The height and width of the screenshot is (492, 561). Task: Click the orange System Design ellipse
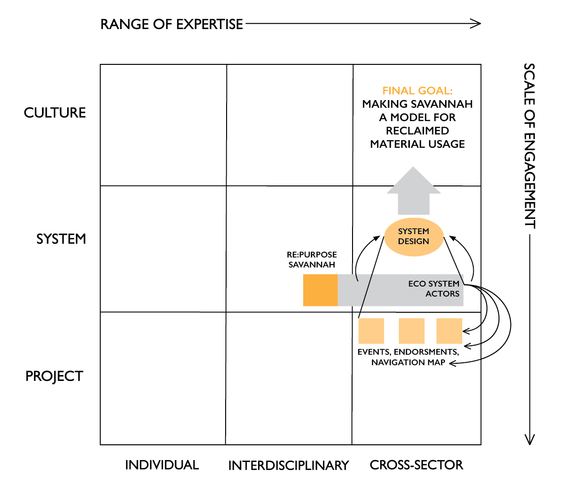coord(414,236)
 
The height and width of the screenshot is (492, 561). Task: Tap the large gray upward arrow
coord(414,191)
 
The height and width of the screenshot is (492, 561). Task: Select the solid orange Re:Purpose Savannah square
coord(320,290)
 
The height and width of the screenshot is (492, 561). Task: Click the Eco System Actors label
coord(434,288)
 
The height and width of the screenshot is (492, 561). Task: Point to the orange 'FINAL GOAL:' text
coord(417,91)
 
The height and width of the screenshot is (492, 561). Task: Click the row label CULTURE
coord(55,113)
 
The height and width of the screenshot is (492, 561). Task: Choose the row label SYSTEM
coord(61,239)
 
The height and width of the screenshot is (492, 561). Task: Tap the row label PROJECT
coord(54,376)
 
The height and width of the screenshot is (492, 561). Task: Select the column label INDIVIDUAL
coord(162,465)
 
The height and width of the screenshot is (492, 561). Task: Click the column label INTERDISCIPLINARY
coord(288,465)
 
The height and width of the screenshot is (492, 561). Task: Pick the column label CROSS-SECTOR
coord(416,465)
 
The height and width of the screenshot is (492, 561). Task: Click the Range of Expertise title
coord(172,24)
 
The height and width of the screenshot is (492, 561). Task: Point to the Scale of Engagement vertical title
coord(530,145)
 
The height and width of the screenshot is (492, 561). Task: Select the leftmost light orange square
coord(371,331)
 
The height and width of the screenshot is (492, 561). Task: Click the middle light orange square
coord(411,331)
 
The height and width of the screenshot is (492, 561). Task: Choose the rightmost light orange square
coord(449,331)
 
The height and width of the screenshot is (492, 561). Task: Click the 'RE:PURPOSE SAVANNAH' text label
coord(312,259)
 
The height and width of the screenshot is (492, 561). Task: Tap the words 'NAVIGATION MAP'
coord(408,362)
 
